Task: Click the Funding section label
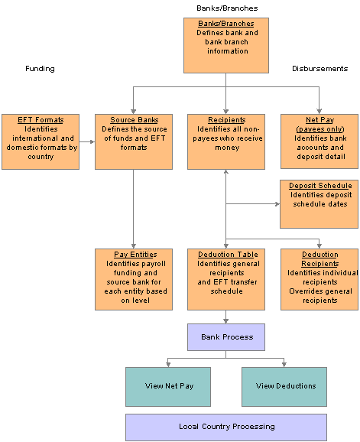[x=40, y=69]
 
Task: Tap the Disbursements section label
[x=320, y=69]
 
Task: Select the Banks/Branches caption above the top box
[x=227, y=8]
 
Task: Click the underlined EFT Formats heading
[x=41, y=120]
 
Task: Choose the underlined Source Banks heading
[x=134, y=120]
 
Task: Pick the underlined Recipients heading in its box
[x=227, y=120]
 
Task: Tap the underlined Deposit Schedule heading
[x=320, y=186]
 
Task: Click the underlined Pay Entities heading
[x=135, y=254]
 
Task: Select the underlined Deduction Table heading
[x=228, y=254]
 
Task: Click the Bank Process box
[x=226, y=337]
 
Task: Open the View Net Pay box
[x=168, y=387]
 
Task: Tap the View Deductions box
[x=284, y=387]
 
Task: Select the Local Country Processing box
[x=226, y=427]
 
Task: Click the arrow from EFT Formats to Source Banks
[x=87, y=141]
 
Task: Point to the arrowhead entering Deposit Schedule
[x=277, y=204]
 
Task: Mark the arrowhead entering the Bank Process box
[x=226, y=321]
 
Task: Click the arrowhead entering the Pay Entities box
[x=134, y=246]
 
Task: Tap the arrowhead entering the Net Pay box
[x=319, y=112]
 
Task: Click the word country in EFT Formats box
[x=41, y=157]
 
